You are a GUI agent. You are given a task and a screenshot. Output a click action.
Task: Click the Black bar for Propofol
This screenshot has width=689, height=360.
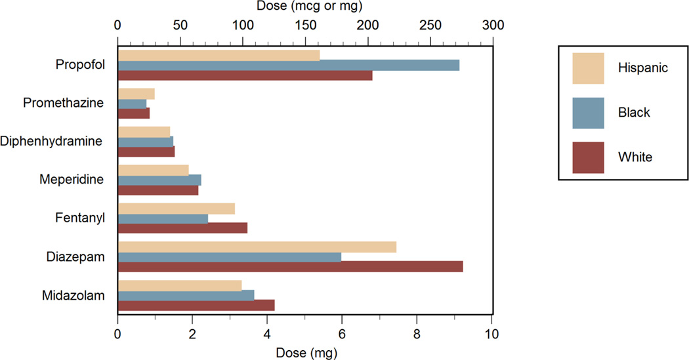[x=289, y=65]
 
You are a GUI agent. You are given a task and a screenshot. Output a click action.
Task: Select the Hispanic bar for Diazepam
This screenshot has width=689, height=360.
[x=257, y=247]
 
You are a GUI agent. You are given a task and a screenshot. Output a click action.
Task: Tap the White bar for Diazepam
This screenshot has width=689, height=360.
[x=290, y=266]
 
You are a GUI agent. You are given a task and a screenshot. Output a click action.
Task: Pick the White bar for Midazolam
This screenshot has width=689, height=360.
[x=196, y=305]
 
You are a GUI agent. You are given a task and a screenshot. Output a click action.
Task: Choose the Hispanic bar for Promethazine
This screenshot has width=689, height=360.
[x=136, y=94]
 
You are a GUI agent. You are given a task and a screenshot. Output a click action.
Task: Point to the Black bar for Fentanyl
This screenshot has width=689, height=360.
[x=163, y=218]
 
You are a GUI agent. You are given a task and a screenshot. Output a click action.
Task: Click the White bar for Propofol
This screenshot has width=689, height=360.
[x=245, y=75]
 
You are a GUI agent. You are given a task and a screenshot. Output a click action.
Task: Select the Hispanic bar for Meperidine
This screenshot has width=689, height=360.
[x=153, y=170]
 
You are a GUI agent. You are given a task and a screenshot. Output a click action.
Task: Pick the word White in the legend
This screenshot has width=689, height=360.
[x=634, y=157]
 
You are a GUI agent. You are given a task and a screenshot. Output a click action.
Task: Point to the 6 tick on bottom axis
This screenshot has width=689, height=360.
[x=341, y=334]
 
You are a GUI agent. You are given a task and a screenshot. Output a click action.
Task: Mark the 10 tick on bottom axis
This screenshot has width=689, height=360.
[x=491, y=334]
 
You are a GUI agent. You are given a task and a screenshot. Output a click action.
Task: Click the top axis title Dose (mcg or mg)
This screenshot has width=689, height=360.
[x=304, y=7]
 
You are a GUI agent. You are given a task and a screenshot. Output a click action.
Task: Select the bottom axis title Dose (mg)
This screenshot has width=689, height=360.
[x=304, y=353]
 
